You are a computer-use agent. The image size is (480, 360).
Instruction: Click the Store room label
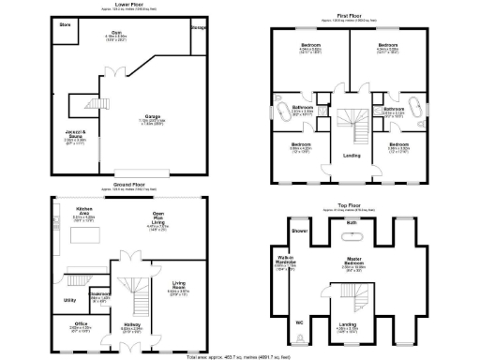(65, 24)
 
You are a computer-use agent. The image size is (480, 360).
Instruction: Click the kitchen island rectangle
(79, 232)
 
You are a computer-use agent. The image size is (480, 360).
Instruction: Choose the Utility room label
(68, 300)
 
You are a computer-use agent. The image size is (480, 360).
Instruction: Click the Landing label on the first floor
(352, 155)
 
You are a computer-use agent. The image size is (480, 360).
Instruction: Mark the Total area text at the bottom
(236, 357)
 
